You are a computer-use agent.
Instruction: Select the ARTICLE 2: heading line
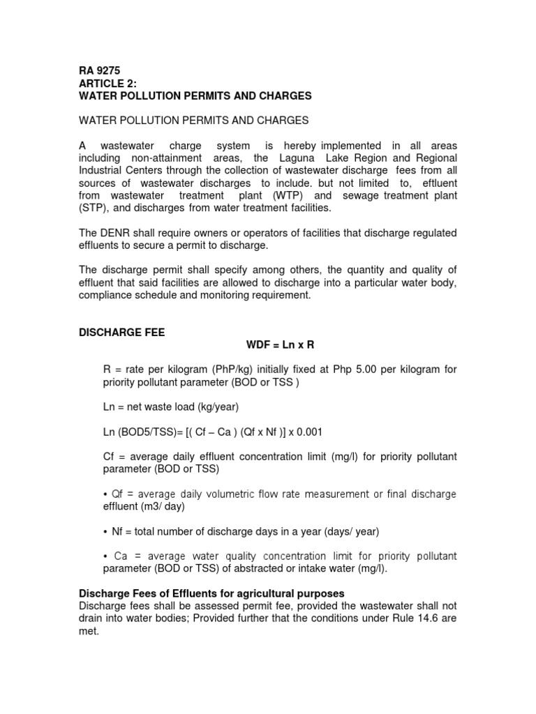[107, 83]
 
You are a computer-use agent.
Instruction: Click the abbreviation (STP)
[91, 208]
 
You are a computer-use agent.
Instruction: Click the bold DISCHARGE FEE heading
[121, 333]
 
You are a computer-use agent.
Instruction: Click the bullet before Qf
[105, 494]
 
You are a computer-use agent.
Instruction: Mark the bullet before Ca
[105, 556]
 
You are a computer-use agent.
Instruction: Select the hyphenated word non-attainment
[159, 158]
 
